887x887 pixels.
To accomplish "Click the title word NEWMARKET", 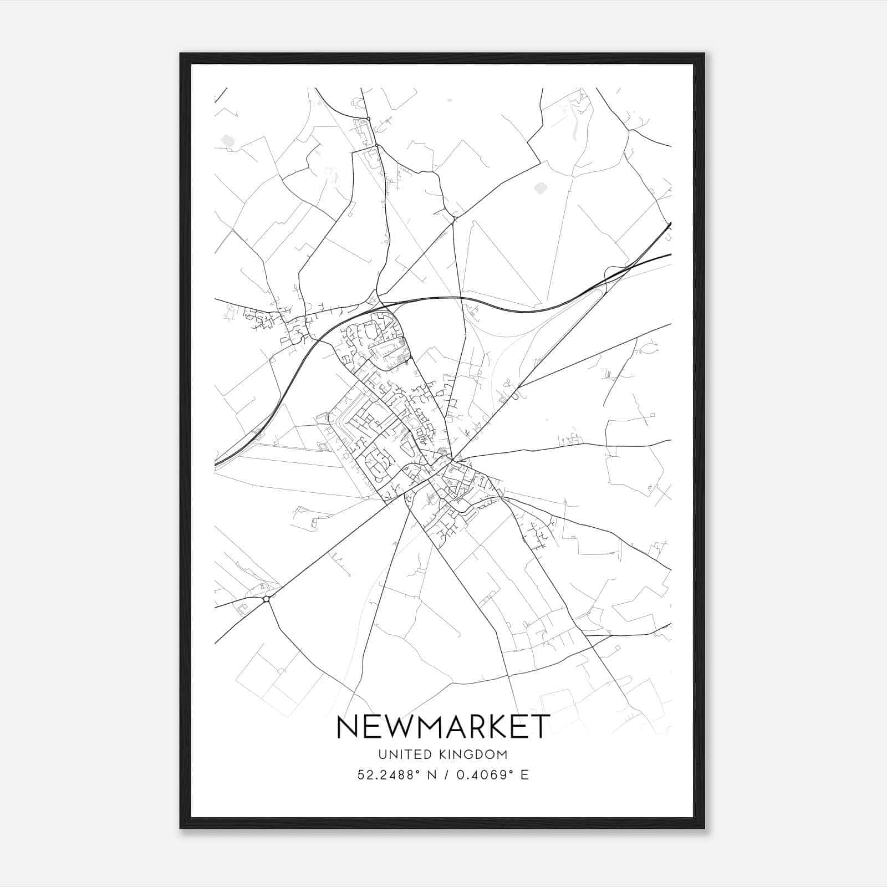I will [x=443, y=727].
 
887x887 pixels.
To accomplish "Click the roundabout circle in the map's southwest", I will [x=267, y=599].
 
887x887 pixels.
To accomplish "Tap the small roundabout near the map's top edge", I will [x=368, y=119].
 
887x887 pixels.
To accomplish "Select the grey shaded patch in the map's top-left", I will [x=227, y=141].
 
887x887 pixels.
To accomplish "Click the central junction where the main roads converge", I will [x=453, y=460].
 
